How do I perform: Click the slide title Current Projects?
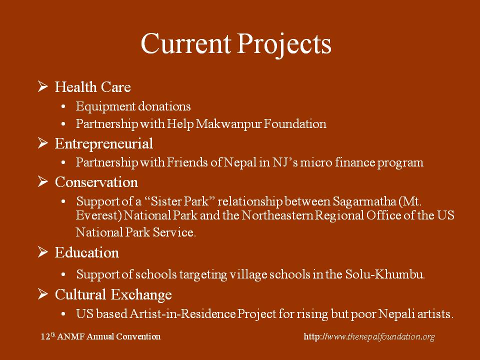(236, 44)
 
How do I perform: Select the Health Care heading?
(93, 87)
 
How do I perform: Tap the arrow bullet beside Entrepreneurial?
(43, 143)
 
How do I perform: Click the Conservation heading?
(96, 182)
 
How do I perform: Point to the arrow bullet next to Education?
(43, 252)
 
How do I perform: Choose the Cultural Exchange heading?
(113, 294)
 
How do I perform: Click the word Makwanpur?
(228, 124)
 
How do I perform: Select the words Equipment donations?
(133, 106)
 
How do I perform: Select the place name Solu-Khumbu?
(385, 274)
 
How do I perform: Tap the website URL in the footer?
(369, 336)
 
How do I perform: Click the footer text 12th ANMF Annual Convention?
(100, 336)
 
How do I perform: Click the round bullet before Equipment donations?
(63, 107)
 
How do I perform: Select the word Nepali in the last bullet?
(396, 314)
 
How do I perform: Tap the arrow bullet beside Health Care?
(43, 86)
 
